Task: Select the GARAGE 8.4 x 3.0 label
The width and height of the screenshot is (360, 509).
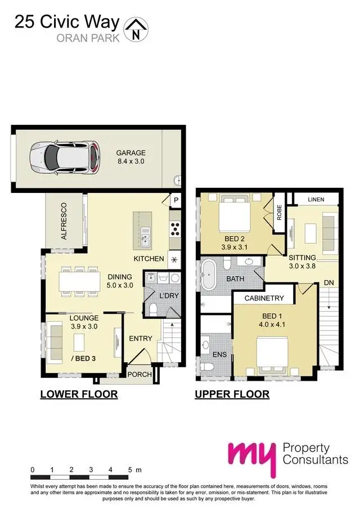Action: (130, 157)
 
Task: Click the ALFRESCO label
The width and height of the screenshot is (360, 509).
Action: (64, 221)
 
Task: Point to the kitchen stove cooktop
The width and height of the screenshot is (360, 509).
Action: (175, 228)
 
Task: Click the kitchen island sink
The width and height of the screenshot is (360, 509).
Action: (145, 237)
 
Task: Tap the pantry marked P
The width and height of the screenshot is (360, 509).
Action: (175, 200)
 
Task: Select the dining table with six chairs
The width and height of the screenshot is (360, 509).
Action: (79, 278)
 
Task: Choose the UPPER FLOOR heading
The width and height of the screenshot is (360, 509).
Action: (232, 394)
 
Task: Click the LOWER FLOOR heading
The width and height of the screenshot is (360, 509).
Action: (79, 394)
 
